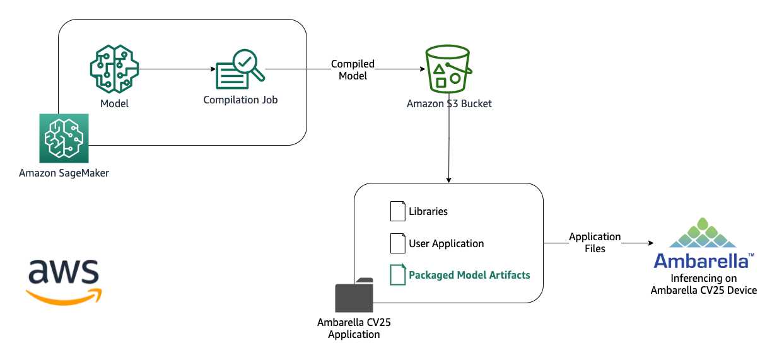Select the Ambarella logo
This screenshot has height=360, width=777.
coord(703,243)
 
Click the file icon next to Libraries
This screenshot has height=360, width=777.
coord(397,211)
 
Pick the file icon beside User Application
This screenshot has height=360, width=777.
coord(397,243)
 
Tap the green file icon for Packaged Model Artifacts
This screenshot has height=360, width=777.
coord(397,275)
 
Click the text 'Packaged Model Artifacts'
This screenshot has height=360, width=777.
coord(469,275)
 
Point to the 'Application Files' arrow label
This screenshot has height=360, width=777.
coord(595,243)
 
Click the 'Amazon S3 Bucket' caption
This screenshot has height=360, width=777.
coord(449,103)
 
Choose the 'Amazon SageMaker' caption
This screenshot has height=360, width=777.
coord(64,173)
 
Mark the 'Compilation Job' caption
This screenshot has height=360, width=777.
coord(240,100)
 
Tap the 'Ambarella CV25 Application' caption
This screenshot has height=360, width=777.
coord(354,328)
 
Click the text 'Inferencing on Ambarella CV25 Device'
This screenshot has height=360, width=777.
coord(703,284)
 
